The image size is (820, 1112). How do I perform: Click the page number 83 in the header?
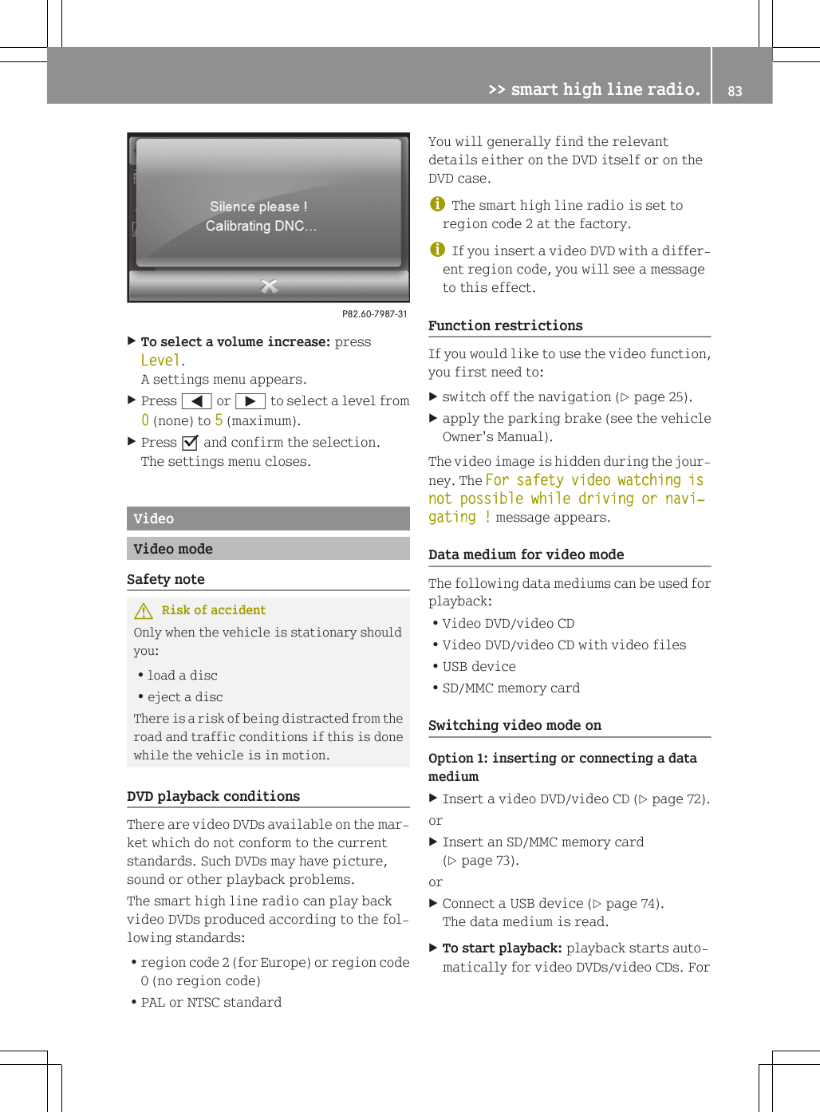coord(735,91)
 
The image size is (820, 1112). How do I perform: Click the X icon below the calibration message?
coord(269,286)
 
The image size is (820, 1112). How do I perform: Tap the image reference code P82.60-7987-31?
coord(374,313)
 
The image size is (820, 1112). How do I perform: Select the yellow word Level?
coord(160,361)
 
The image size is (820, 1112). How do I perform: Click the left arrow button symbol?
coord(196,401)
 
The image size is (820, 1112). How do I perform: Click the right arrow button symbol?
coord(250,401)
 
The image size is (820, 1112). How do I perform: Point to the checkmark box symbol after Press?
coord(190,443)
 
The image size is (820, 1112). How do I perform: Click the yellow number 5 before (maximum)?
coord(219,420)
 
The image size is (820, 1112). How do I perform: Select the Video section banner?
coord(268,519)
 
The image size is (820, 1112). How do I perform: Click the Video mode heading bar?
coord(268,549)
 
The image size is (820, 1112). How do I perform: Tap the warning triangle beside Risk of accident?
coord(144,611)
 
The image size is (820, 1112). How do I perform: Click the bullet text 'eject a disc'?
coord(185,696)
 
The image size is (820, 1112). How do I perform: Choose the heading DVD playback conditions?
coord(213,796)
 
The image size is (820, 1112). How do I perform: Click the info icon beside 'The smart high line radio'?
coord(437,204)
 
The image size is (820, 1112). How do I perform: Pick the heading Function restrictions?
coord(505,325)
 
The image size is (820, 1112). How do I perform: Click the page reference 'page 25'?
coord(659,397)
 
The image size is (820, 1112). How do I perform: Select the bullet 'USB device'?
coord(479,666)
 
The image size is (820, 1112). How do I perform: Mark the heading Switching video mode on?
coord(514,725)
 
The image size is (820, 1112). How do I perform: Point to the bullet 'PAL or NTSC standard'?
coord(211,1002)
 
